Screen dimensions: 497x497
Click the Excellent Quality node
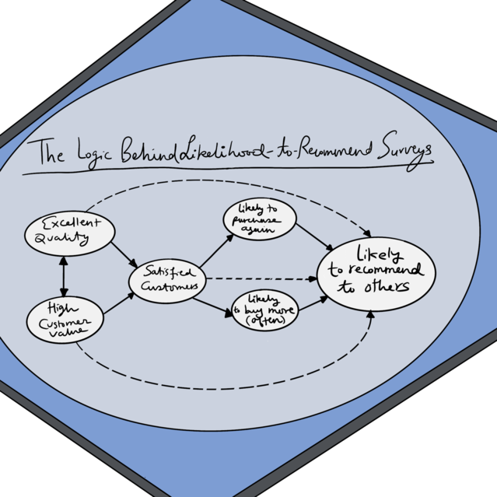[x=69, y=232]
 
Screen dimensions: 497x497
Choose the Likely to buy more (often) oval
[x=264, y=309]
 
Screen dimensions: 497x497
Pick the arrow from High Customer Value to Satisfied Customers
[x=117, y=304]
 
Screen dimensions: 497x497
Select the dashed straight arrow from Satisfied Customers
[x=261, y=277]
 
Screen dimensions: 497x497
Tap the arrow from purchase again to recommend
[x=314, y=236]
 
